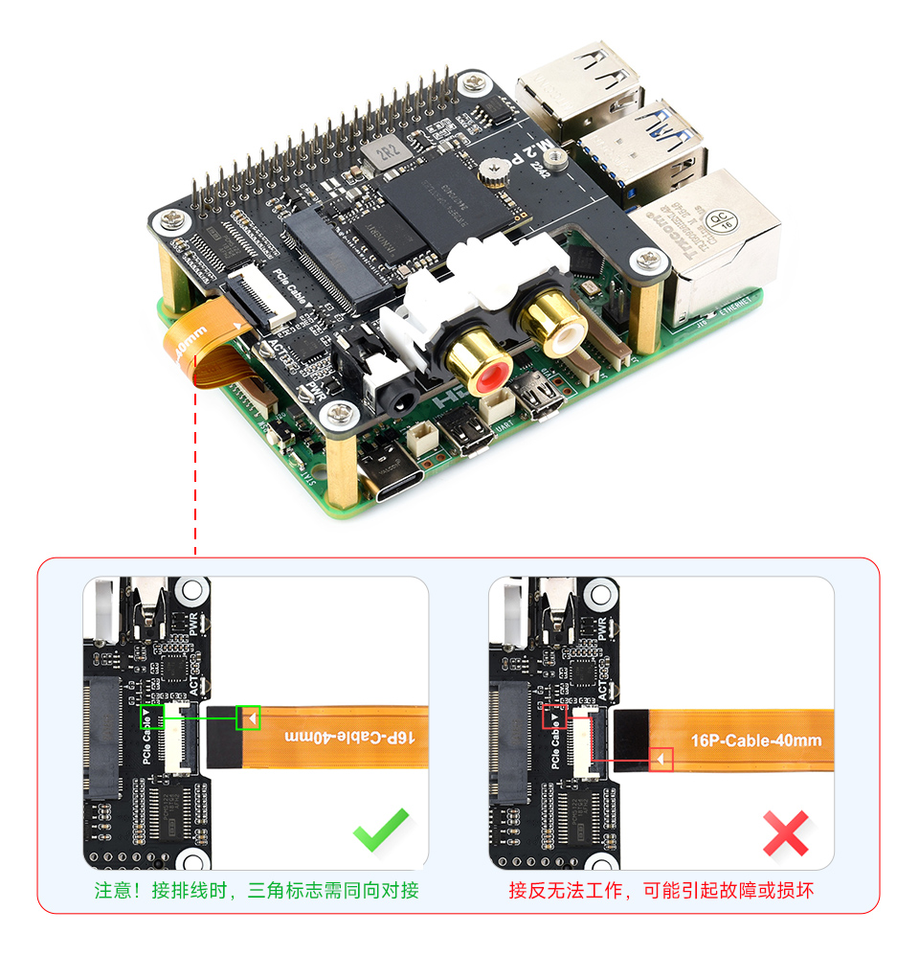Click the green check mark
coord(381,830)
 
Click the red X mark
coord(786,832)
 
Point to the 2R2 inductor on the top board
coord(388,152)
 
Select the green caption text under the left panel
coord(257,890)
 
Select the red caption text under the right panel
coord(661,890)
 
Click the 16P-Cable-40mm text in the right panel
coord(756,740)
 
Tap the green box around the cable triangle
coord(249,717)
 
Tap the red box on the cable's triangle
coord(661,759)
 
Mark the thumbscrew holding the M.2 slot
coord(496,171)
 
